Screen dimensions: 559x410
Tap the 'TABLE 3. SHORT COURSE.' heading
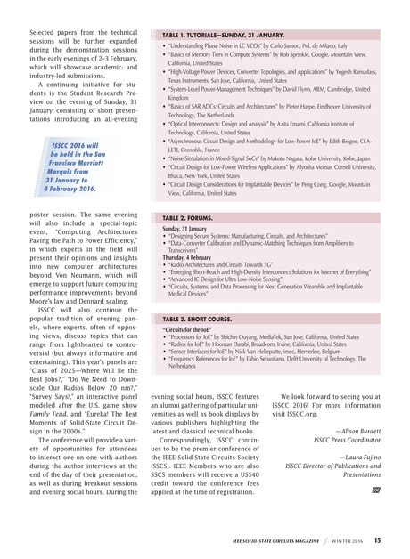(x=196, y=318)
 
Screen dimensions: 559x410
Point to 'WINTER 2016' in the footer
(x=348, y=539)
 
